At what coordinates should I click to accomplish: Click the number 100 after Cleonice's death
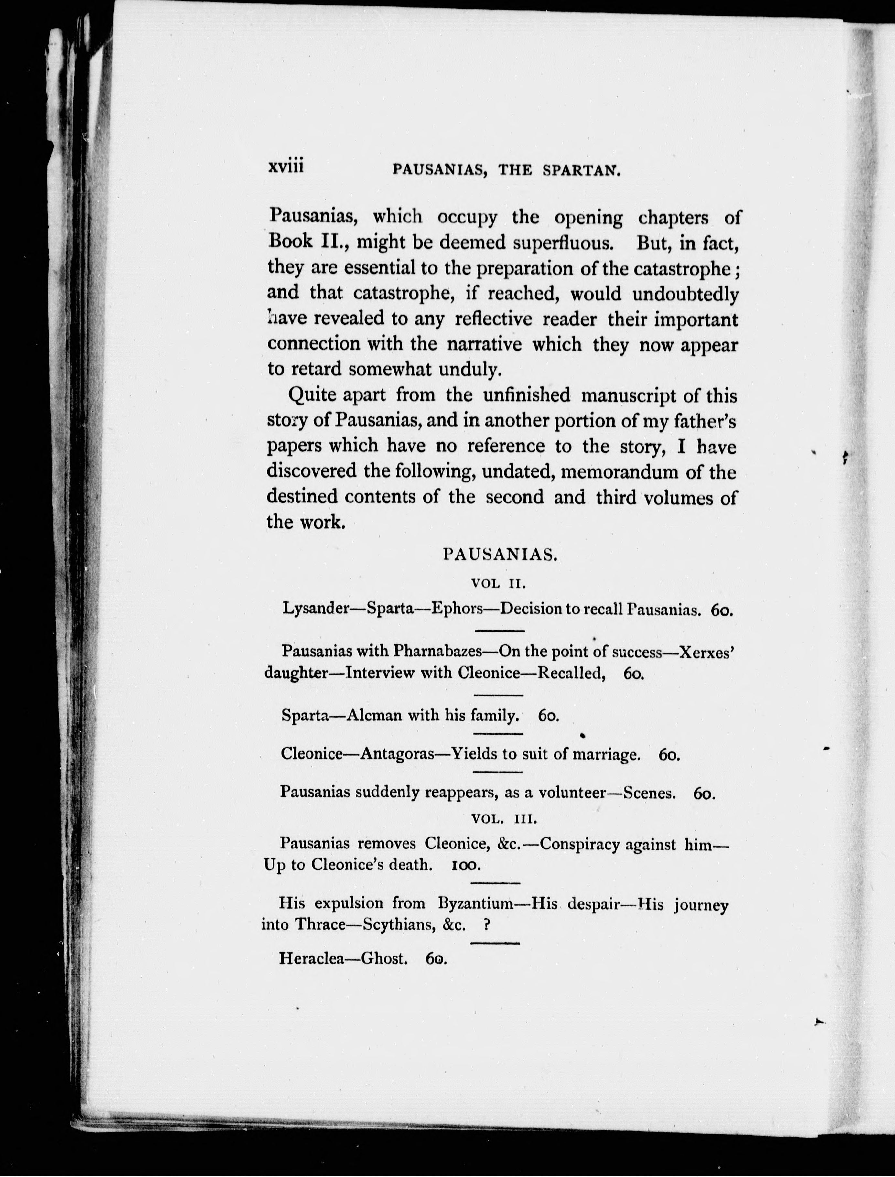pos(466,865)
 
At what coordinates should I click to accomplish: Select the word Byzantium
pos(475,904)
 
